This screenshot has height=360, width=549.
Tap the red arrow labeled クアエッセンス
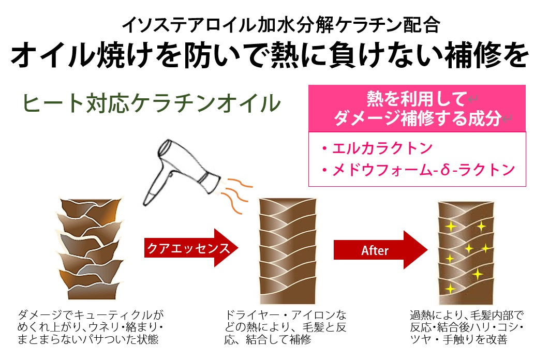point(191,248)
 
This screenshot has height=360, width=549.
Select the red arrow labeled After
point(381,250)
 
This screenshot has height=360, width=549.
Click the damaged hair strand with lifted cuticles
point(90,248)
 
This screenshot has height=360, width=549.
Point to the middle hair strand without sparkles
point(288,251)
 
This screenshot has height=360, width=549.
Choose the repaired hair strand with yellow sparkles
point(466,252)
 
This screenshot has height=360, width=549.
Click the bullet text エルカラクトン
point(377,148)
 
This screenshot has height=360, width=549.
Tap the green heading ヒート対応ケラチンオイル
point(151,103)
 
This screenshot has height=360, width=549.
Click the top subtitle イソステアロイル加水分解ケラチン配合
point(280,25)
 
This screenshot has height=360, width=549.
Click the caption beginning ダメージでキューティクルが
point(91,327)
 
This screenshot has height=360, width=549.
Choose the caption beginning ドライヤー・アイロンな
point(285,327)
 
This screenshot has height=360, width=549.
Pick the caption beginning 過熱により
point(467,327)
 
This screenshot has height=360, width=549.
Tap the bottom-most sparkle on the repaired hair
point(450,289)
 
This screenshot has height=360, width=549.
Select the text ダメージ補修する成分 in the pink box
point(417,118)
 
